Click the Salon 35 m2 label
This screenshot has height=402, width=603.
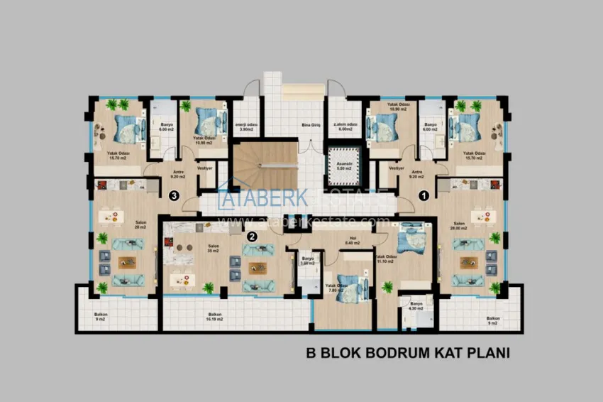tap(213, 249)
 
